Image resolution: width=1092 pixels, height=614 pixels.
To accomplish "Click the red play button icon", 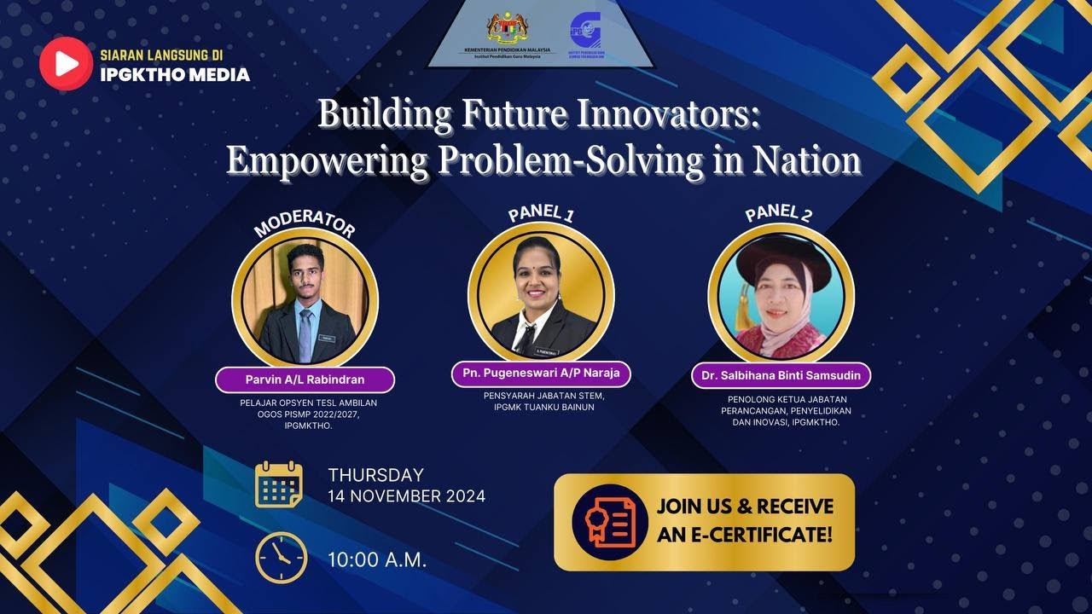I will pyautogui.click(x=66, y=63).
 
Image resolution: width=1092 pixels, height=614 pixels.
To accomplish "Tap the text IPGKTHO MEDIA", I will pyautogui.click(x=175, y=75).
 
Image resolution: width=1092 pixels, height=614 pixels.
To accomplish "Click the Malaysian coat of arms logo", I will pyautogui.click(x=508, y=27).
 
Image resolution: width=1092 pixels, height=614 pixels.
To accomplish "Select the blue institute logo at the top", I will pyautogui.click(x=585, y=30).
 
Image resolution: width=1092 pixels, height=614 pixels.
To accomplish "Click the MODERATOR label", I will pyautogui.click(x=305, y=223).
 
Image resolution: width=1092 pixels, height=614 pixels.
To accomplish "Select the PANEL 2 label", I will pyautogui.click(x=778, y=212).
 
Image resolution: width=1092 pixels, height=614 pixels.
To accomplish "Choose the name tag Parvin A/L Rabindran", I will pyautogui.click(x=305, y=379).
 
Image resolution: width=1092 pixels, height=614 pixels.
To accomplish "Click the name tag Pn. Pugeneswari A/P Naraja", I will pyautogui.click(x=541, y=374).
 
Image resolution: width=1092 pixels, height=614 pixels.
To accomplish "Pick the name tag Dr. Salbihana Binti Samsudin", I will pyautogui.click(x=781, y=375).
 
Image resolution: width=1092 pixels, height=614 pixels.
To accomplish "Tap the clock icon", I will pyautogui.click(x=282, y=557).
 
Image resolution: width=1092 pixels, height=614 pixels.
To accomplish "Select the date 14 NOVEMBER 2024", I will pyautogui.click(x=406, y=495).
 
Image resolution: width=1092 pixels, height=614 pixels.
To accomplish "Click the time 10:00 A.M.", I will pyautogui.click(x=377, y=560).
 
